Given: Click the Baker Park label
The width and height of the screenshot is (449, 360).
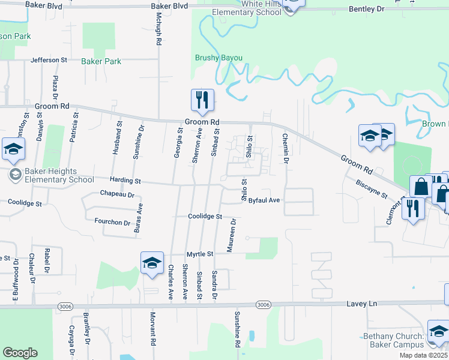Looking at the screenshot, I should point(101,61).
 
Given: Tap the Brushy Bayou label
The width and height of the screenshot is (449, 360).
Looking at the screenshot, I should point(218,58).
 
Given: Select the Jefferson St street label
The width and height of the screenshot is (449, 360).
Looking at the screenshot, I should point(49,60).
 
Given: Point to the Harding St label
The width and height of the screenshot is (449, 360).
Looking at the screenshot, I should point(125,181).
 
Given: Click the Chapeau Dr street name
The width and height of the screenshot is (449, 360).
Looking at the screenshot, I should point(117,194).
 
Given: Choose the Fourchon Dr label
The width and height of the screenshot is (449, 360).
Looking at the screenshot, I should point(112,222).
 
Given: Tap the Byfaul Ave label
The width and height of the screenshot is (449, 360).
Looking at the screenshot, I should point(265,200).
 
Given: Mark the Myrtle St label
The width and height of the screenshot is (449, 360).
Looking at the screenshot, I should point(200,254).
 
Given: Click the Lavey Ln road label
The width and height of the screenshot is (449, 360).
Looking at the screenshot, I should point(362,304).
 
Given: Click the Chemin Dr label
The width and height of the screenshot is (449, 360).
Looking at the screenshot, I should point(286,149).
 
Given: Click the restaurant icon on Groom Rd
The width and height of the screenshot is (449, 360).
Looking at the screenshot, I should point(202,100).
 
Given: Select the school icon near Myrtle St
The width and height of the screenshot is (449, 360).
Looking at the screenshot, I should point(152,262).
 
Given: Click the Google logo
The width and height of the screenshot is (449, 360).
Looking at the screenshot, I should point(20,353).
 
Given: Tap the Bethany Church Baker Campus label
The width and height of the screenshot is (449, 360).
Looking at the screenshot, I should point(394,340).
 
